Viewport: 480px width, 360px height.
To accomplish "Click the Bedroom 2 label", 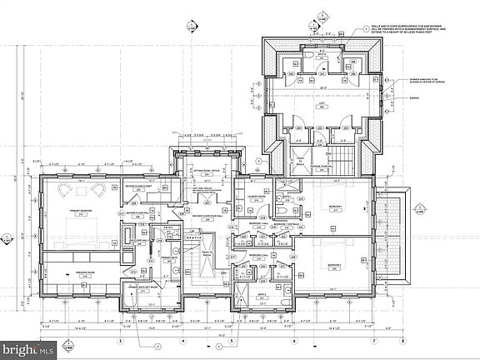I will point(333,265).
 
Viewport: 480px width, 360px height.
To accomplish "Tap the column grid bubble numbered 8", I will point(402,341).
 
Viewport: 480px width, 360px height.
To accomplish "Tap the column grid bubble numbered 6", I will point(293,341).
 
